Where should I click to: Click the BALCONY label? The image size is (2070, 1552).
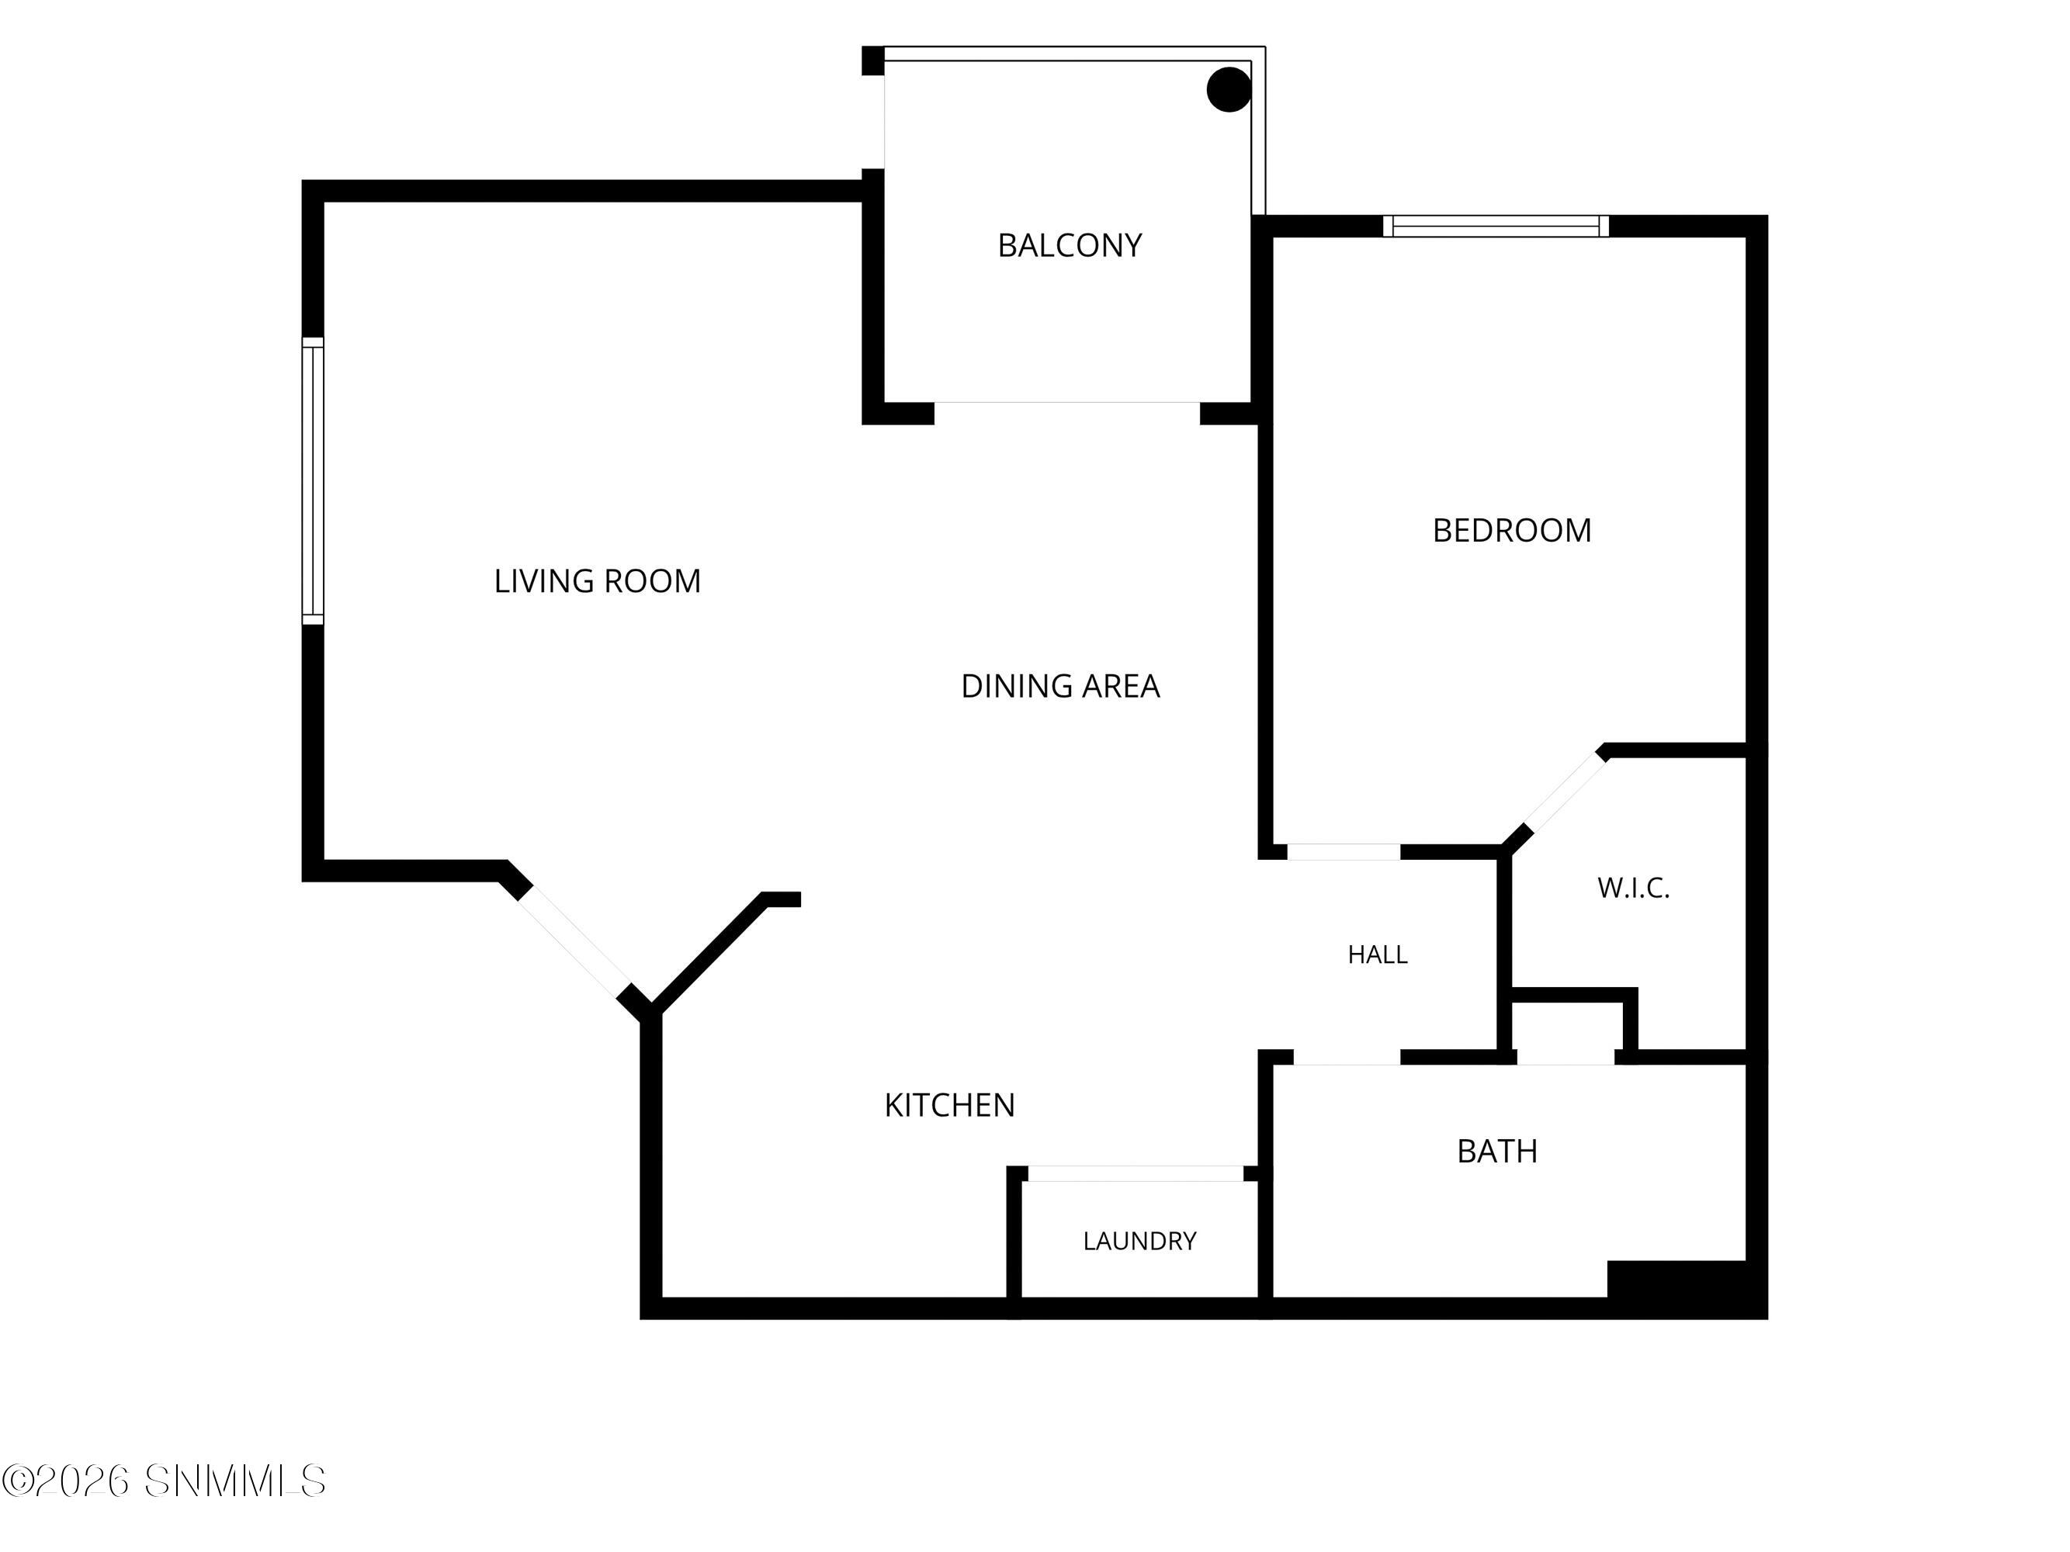point(1070,245)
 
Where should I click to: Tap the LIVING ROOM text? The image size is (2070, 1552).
point(597,581)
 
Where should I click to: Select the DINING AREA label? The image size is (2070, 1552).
point(1060,686)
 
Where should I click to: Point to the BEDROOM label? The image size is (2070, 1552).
point(1511,531)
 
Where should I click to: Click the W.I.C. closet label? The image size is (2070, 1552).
point(1633,888)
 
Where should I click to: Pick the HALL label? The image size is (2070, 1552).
point(1378,954)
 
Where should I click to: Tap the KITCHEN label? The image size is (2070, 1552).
point(949,1105)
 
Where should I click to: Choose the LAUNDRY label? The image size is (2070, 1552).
point(1140,1241)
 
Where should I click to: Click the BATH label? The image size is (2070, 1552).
point(1497,1151)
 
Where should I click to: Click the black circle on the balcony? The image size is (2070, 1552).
point(1229,90)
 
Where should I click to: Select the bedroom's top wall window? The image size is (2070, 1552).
point(1496,227)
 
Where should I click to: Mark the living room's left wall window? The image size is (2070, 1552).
point(313,481)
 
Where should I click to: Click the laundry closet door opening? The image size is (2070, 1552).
point(1136,1173)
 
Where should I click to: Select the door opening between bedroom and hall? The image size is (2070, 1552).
point(1343,851)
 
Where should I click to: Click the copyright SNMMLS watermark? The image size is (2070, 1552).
point(164,1481)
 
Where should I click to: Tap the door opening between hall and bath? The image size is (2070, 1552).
point(1347,1057)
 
